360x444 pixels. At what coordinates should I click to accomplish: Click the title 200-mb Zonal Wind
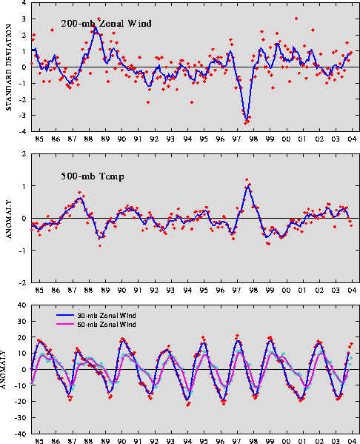pos(106,23)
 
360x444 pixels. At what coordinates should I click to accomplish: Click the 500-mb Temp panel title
pos(93,176)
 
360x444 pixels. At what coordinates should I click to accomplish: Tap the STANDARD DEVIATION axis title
pos(8,67)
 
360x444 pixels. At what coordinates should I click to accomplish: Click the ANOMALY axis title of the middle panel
pos(8,219)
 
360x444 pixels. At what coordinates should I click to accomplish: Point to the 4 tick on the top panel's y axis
pos(24,3)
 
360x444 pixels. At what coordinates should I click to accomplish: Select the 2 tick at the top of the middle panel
pos(24,154)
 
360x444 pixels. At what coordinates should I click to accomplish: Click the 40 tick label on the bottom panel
pos(22,305)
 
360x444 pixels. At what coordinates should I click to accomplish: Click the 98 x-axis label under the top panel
pos(253,139)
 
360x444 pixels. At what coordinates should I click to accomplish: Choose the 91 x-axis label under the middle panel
pos(138,291)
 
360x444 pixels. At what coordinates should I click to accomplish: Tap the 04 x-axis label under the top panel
pos(352,139)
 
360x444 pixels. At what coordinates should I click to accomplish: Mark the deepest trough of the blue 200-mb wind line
pos(247,119)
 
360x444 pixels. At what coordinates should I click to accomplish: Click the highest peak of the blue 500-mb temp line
pos(248,186)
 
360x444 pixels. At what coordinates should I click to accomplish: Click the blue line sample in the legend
pos(64,315)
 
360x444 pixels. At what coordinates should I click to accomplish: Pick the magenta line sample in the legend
pos(64,324)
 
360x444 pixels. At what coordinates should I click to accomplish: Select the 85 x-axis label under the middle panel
pos(39,291)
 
